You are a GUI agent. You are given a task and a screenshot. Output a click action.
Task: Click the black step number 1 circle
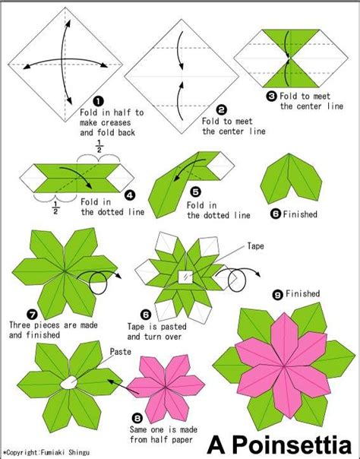[x=97, y=100]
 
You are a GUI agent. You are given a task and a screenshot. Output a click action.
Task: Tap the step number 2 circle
[x=220, y=109]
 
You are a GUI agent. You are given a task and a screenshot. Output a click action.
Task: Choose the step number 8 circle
[x=137, y=416]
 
